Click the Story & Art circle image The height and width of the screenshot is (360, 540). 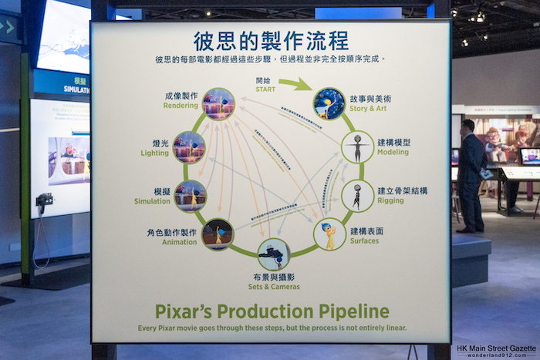pyautogui.click(x=329, y=103)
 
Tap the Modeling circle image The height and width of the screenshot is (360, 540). pyautogui.click(x=357, y=147)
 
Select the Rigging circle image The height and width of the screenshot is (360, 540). pyautogui.click(x=357, y=195)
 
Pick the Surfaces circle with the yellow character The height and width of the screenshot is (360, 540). pyautogui.click(x=329, y=234)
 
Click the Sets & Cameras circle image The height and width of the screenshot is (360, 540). pyautogui.click(x=274, y=254)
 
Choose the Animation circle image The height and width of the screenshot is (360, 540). pyautogui.click(x=218, y=234)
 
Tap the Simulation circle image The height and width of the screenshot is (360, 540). pyautogui.click(x=191, y=195)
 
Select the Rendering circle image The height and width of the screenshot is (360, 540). pyautogui.click(x=218, y=104)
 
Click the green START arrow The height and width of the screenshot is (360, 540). pyautogui.click(x=295, y=83)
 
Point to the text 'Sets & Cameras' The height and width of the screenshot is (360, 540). pyautogui.click(x=273, y=286)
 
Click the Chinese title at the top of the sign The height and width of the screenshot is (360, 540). pyautogui.click(x=271, y=39)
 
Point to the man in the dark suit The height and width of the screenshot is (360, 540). pyautogui.click(x=470, y=175)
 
